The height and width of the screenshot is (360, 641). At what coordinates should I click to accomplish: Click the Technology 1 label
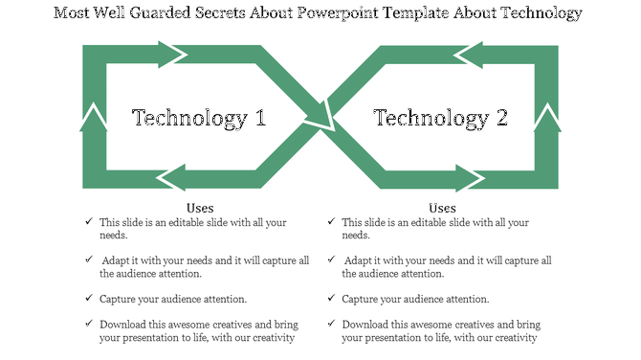198,119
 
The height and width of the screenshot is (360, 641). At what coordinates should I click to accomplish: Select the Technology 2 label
440,119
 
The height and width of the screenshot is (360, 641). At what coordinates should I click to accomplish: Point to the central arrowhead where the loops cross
320,120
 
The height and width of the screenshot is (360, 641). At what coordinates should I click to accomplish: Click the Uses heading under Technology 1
199,208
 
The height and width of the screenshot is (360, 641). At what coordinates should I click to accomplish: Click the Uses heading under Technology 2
441,208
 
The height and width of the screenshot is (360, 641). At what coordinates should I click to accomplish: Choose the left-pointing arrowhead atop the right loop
469,55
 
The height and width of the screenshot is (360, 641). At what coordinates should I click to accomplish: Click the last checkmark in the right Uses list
331,325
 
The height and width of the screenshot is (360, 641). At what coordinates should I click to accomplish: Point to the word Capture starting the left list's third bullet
120,299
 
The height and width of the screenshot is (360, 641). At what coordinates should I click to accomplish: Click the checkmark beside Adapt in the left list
89,260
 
